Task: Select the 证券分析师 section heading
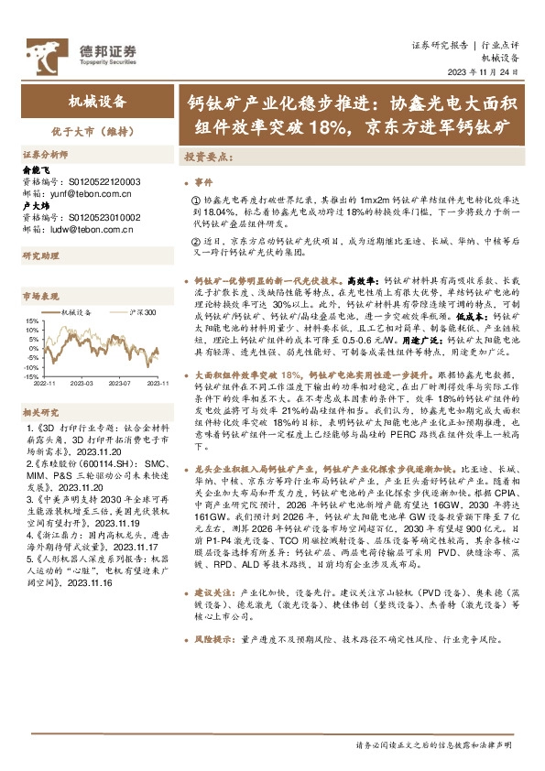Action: tap(45, 155)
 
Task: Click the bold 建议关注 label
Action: tap(217, 672)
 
